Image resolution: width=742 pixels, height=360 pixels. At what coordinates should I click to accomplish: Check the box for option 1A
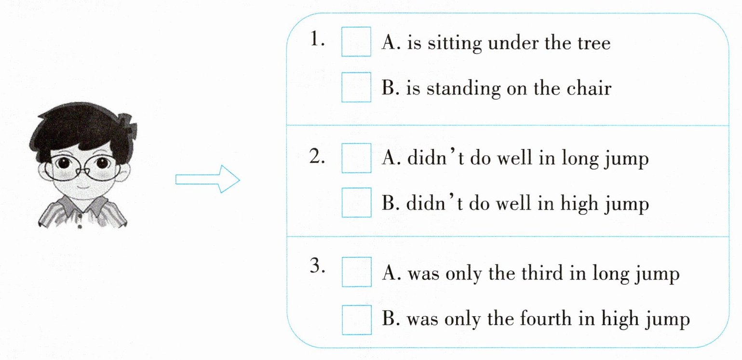pyautogui.click(x=356, y=41)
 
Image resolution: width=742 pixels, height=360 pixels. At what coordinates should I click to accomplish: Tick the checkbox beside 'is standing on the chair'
pyautogui.click(x=356, y=87)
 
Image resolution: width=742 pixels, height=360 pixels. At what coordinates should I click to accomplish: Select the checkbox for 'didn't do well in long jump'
pyautogui.click(x=356, y=158)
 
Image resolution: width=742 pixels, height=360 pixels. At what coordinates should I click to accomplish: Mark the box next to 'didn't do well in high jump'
pyautogui.click(x=356, y=202)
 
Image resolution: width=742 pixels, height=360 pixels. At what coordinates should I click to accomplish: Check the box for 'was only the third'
pyautogui.click(x=357, y=272)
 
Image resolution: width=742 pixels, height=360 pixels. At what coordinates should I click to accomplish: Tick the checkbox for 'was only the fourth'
pyautogui.click(x=357, y=320)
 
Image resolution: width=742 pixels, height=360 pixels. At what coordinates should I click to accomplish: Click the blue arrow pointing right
pyautogui.click(x=208, y=179)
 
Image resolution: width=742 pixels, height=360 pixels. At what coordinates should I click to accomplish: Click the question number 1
pyautogui.click(x=317, y=39)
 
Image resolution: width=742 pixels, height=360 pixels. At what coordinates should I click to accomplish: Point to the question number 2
pyautogui.click(x=317, y=156)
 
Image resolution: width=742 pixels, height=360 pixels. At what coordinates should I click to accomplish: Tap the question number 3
pyautogui.click(x=317, y=265)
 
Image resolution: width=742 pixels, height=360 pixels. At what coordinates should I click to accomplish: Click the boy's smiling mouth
pyautogui.click(x=83, y=186)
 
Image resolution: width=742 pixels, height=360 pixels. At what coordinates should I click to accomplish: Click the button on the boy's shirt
pyautogui.click(x=80, y=227)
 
